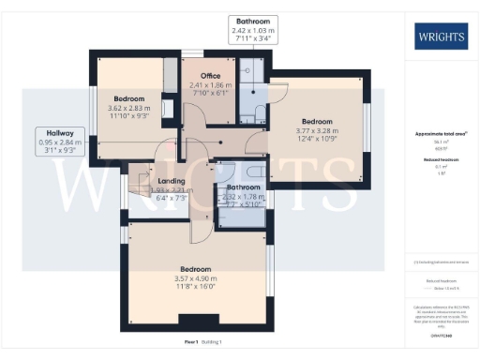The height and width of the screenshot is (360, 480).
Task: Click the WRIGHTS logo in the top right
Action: coord(440,37)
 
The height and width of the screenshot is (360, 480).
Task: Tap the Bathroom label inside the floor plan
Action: coord(242,187)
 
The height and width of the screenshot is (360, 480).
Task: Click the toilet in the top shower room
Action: coord(257,112)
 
